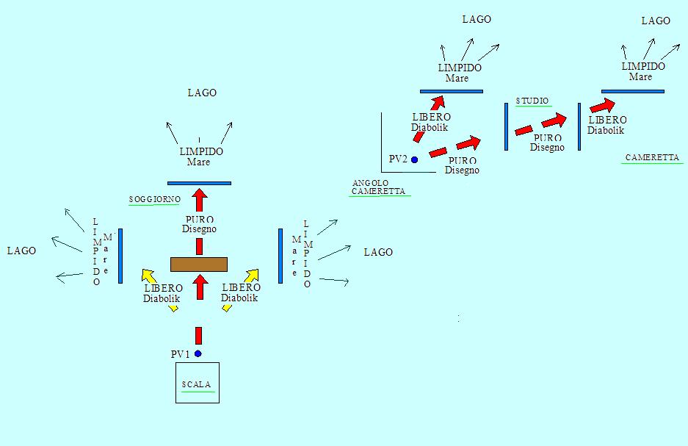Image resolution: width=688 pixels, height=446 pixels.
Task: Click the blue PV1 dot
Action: point(198,353)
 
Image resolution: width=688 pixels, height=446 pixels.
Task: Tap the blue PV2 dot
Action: point(414,159)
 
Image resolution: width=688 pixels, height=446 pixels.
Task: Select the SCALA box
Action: point(197,383)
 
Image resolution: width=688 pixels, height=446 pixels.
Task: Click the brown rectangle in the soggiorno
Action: point(199,264)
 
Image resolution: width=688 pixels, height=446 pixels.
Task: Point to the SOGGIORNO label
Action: point(154,199)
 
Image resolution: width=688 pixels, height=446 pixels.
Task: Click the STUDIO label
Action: point(532,101)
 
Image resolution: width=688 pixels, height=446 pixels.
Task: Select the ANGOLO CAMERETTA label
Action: point(377,187)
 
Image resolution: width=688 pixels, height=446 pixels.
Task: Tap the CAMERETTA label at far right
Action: point(652,157)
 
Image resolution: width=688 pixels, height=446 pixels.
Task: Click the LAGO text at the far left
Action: point(21,251)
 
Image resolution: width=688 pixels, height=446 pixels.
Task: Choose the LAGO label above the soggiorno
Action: point(202,93)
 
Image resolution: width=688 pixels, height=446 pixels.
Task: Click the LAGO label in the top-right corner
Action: point(656,21)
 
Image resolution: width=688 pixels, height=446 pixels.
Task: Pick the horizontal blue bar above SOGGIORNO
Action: point(199,183)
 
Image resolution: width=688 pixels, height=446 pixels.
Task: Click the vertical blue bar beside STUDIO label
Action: point(506,126)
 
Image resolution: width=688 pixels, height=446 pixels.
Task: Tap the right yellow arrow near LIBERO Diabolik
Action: point(251,276)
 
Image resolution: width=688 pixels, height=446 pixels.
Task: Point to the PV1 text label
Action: point(181,354)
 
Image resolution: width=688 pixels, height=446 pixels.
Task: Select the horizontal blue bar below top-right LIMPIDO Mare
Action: point(632,92)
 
